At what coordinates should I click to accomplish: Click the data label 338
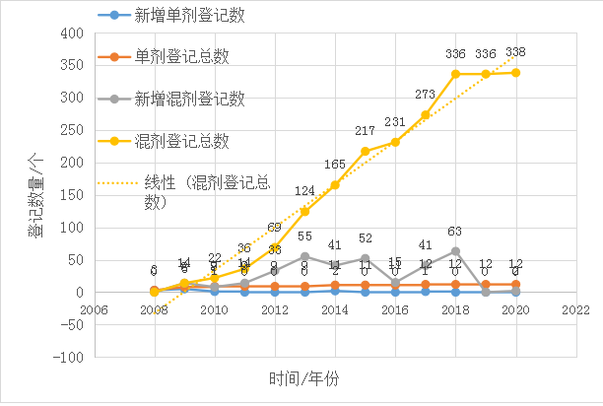pyautogui.click(x=514, y=51)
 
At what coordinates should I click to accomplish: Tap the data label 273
pyautogui.click(x=425, y=95)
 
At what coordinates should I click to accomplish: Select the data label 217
pyautogui.click(x=365, y=131)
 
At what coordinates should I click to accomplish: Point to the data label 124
pyautogui.click(x=304, y=191)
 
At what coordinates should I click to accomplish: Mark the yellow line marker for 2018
pyautogui.click(x=455, y=74)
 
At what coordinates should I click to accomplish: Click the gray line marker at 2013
pyautogui.click(x=304, y=256)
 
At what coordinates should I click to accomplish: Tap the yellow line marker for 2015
pyautogui.click(x=365, y=152)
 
